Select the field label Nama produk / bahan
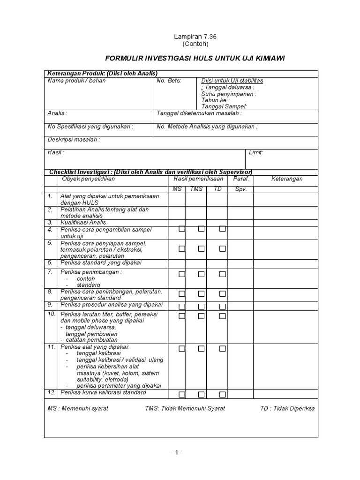coord(76,81)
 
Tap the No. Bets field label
coord(168,81)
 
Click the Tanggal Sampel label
coord(224,107)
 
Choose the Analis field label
coord(57,113)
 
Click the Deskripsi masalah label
coord(74,140)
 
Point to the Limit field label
coord(256,153)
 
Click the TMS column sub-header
coord(196,189)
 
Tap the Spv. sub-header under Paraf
coord(240,189)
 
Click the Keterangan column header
coord(287,179)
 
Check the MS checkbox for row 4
coord(182,229)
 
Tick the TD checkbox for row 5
coord(222,249)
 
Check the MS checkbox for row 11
coord(182,349)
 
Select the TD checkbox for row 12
coord(222,394)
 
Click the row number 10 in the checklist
coord(52,313)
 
